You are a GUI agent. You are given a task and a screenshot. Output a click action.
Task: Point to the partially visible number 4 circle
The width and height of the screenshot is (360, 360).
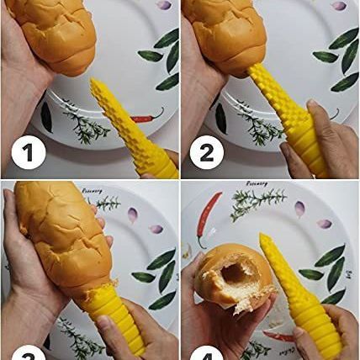coord(207,354)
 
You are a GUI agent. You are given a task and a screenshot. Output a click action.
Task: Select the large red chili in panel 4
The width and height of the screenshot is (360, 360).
coord(206,215)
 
